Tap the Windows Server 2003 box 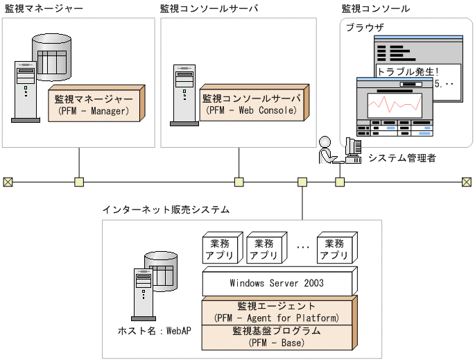pyautogui.click(x=276, y=283)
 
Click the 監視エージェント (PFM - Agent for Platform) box pyautogui.click(x=277, y=311)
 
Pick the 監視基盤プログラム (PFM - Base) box pyautogui.click(x=277, y=336)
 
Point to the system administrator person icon pyautogui.click(x=326, y=149)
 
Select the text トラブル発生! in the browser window pyautogui.click(x=408, y=71)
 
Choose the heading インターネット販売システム pyautogui.click(x=166, y=209)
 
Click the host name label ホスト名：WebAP pyautogui.click(x=154, y=330)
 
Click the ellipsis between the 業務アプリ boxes pyautogui.click(x=302, y=246)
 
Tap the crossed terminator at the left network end pyautogui.click(x=8, y=182)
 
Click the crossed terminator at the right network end pyautogui.click(x=467, y=182)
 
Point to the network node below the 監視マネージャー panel pyautogui.click(x=79, y=182)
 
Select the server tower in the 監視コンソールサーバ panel pyautogui.click(x=182, y=94)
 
